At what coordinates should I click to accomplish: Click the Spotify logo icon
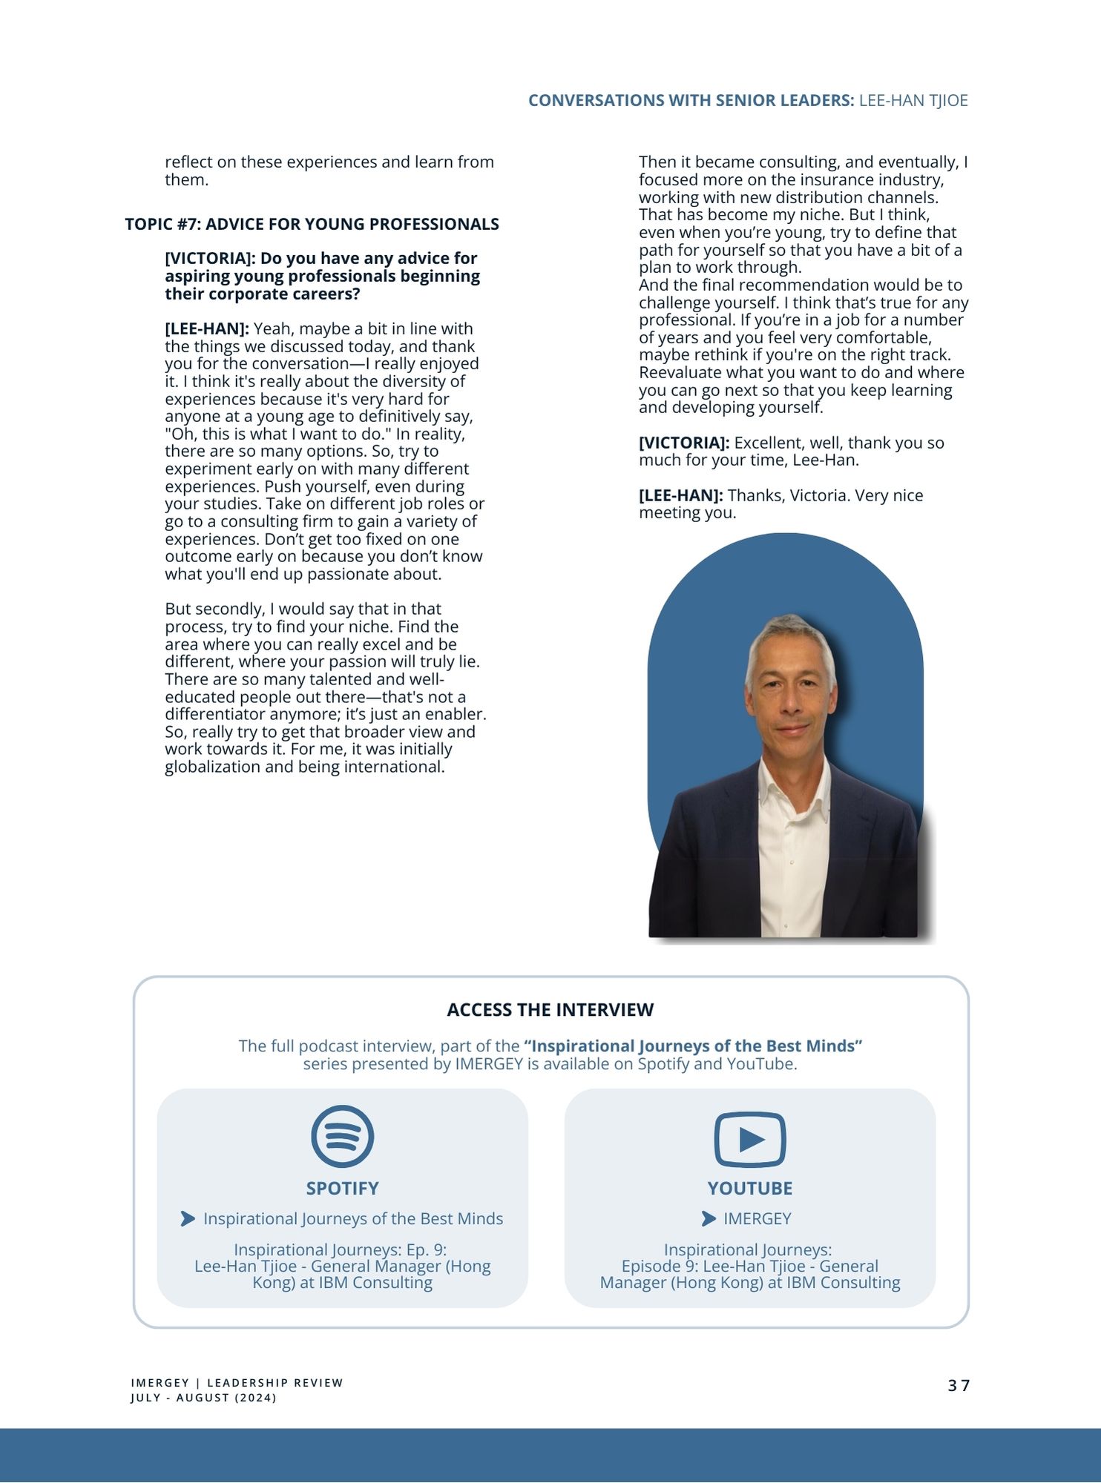[x=342, y=1135]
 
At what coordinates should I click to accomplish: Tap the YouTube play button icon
[x=749, y=1139]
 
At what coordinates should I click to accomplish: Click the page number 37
[x=959, y=1385]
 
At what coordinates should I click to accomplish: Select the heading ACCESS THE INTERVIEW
[x=550, y=1009]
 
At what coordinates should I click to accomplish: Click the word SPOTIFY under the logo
[x=342, y=1188]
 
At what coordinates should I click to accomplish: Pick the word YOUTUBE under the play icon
[x=749, y=1188]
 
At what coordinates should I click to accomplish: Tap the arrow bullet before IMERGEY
[x=709, y=1218]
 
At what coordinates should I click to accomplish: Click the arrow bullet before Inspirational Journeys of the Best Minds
[x=188, y=1218]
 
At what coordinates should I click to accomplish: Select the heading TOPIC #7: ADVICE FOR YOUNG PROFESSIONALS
[x=312, y=224]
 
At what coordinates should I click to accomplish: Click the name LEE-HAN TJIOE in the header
[x=913, y=100]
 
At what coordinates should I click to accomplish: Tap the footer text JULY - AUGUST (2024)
[x=203, y=1398]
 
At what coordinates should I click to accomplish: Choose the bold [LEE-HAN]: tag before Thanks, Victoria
[x=680, y=495]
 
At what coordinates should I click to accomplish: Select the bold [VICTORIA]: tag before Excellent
[x=683, y=443]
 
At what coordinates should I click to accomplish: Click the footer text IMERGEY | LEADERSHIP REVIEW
[x=237, y=1383]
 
